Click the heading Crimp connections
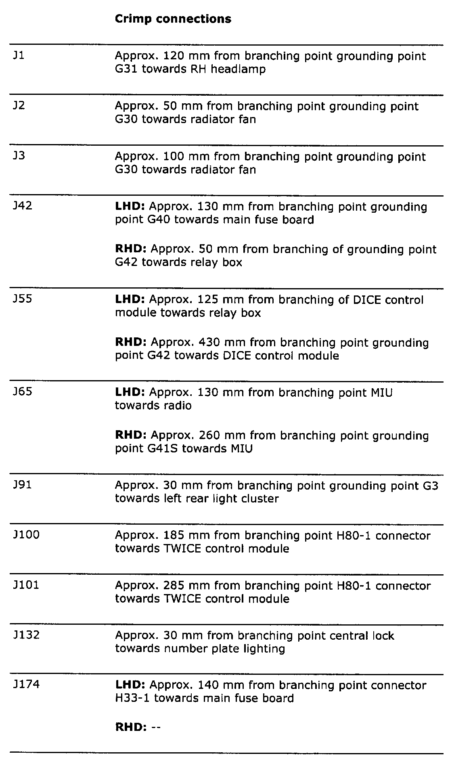(x=173, y=19)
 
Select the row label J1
(x=19, y=55)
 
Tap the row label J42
(x=22, y=206)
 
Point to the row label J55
(x=22, y=299)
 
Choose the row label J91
(x=22, y=485)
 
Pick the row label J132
(x=26, y=635)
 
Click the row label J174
(x=26, y=684)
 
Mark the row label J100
(x=26, y=535)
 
